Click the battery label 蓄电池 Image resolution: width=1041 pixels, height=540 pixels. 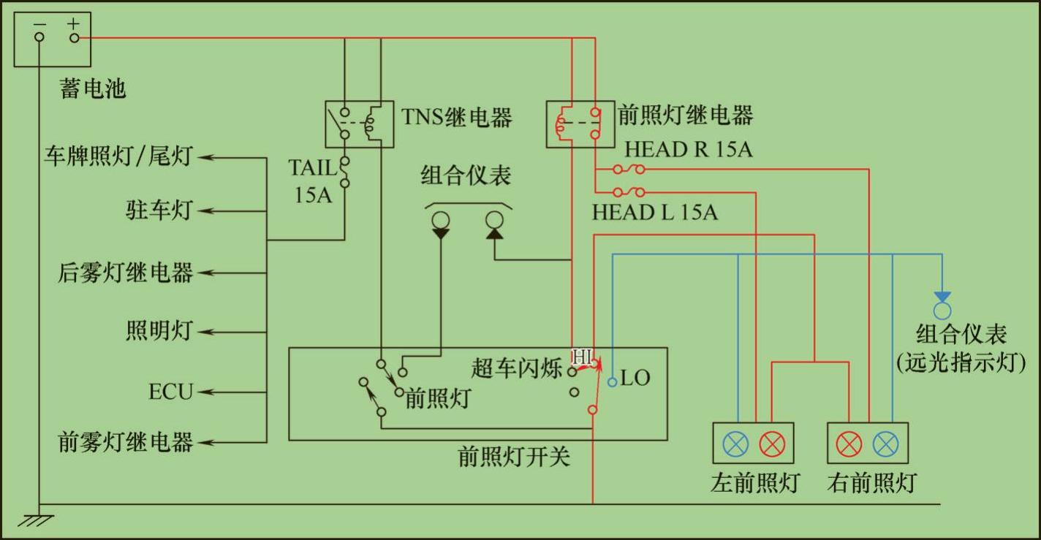[93, 89]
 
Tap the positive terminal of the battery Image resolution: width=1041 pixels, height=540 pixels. [73, 37]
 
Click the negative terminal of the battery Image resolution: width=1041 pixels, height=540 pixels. [39, 37]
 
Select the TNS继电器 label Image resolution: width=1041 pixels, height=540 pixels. [456, 118]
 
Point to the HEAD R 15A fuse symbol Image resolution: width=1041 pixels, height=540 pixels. [629, 170]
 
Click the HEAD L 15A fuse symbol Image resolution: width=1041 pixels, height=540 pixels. [629, 192]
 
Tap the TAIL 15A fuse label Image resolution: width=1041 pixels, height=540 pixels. [313, 181]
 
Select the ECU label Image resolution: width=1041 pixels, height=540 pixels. [170, 392]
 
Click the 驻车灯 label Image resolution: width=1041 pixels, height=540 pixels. [159, 210]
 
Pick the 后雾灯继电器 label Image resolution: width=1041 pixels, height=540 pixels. [125, 273]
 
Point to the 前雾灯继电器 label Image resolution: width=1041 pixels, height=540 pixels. [125, 442]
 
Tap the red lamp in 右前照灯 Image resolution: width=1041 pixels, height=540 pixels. [849, 443]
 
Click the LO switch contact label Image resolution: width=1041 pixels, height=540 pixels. [635, 379]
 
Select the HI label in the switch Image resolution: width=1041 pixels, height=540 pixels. [583, 357]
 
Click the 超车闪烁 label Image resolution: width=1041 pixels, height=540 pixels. [516, 369]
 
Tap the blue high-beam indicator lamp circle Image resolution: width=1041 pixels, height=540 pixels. [942, 311]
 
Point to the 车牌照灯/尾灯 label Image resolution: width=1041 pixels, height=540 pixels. [118, 156]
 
